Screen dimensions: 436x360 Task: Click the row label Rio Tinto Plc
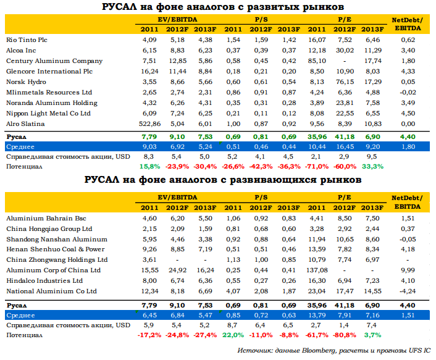pyautogui.click(x=27, y=40)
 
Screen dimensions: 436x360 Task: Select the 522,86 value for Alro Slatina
pyautogui.click(x=149, y=124)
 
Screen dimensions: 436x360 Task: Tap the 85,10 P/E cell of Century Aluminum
pyautogui.click(x=317, y=61)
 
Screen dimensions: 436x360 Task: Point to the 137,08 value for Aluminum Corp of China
pyautogui.click(x=317, y=270)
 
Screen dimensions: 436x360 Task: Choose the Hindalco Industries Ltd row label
pyautogui.click(x=44, y=281)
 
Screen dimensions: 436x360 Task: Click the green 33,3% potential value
pyautogui.click(x=372, y=167)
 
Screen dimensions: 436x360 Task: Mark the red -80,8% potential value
pyautogui.click(x=344, y=335)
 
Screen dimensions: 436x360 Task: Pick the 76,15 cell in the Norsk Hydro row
pyautogui.click(x=345, y=82)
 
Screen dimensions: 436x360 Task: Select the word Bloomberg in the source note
pyautogui.click(x=319, y=351)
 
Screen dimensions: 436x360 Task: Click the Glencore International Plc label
pyautogui.click(x=49, y=72)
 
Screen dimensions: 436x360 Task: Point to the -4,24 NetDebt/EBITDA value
pyautogui.click(x=408, y=291)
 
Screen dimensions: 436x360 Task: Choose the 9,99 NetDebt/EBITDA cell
pyautogui.click(x=408, y=270)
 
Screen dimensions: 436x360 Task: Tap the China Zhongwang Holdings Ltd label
pyautogui.click(x=57, y=260)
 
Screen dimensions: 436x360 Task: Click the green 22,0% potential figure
pyautogui.click(x=233, y=335)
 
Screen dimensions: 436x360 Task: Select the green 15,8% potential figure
pyautogui.click(x=149, y=167)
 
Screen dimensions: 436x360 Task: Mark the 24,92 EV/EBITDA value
pyautogui.click(x=177, y=270)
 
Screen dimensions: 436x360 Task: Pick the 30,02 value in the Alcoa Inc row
pyautogui.click(x=345, y=50)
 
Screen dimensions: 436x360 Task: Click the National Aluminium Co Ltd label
pyautogui.click(x=51, y=291)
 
